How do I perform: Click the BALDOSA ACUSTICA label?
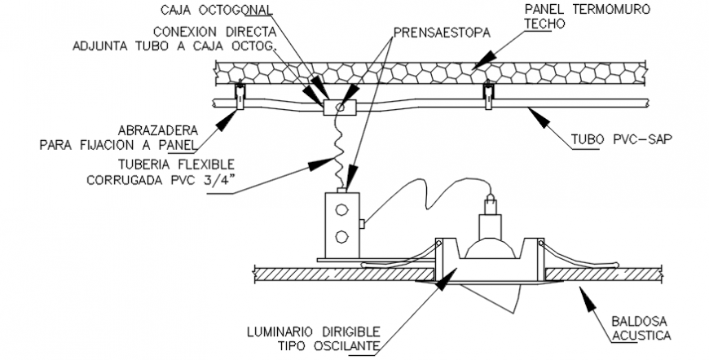(641, 328)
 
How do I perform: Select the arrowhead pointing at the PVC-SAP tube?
(536, 113)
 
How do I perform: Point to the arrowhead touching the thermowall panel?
(484, 57)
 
